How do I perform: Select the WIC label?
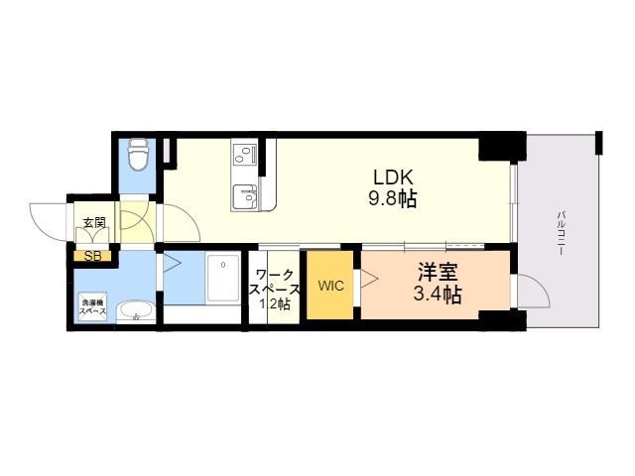(x=330, y=287)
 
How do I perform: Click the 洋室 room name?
(x=438, y=271)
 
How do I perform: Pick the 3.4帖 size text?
(x=438, y=295)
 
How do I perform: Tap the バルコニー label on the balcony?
(x=561, y=233)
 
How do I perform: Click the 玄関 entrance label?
(x=93, y=223)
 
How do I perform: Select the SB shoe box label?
(x=91, y=257)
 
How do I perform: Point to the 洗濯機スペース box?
(x=93, y=306)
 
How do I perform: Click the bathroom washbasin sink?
(x=133, y=314)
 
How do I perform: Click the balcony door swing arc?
(x=533, y=295)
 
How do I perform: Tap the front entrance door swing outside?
(x=50, y=220)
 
